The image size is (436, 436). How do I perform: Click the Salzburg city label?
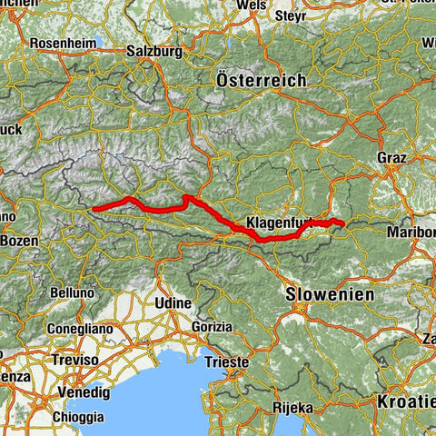[155, 51]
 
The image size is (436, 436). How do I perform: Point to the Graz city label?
[392, 157]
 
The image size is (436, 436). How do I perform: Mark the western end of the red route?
[94, 209]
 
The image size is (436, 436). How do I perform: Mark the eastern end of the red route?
[343, 223]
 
